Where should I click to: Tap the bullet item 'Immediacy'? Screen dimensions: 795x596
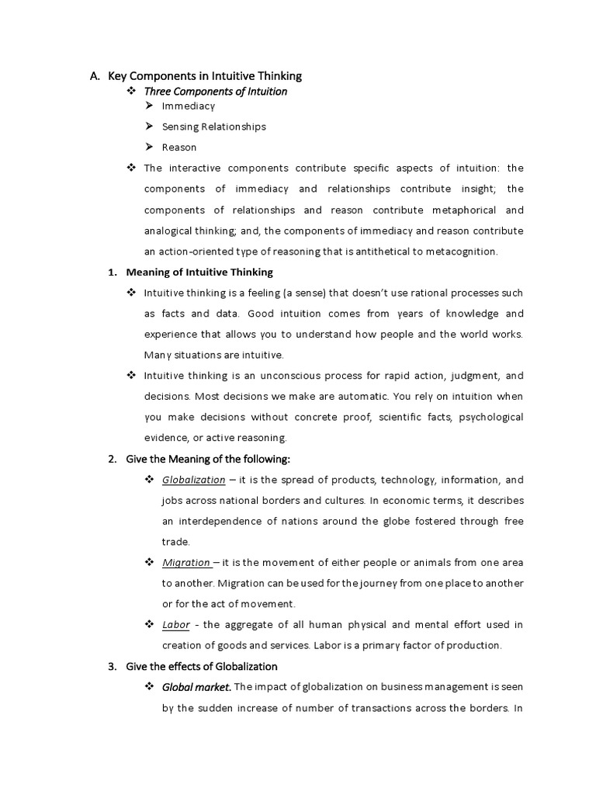189,106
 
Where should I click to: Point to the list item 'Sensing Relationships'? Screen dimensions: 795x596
213,127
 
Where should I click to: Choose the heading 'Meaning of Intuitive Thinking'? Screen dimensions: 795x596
199,273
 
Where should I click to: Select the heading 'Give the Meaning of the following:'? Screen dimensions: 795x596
208,459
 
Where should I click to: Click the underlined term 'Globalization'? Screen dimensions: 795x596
193,480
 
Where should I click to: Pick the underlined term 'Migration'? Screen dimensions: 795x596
186,562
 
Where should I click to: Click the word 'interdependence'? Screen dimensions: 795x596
222,521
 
